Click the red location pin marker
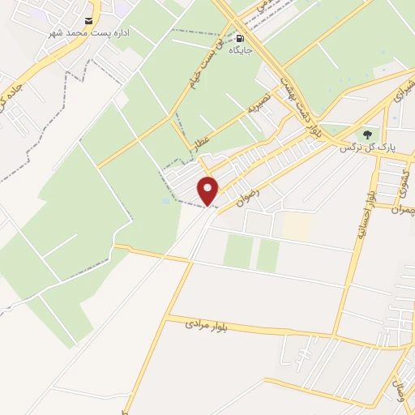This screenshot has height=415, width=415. (208, 190)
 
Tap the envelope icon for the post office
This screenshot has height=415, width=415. (88, 22)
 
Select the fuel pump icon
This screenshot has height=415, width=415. (240, 37)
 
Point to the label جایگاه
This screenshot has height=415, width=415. (240, 49)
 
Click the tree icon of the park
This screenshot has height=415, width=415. (366, 134)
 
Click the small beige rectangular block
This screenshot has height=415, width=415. (297, 226)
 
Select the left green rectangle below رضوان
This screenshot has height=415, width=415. (237, 251)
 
